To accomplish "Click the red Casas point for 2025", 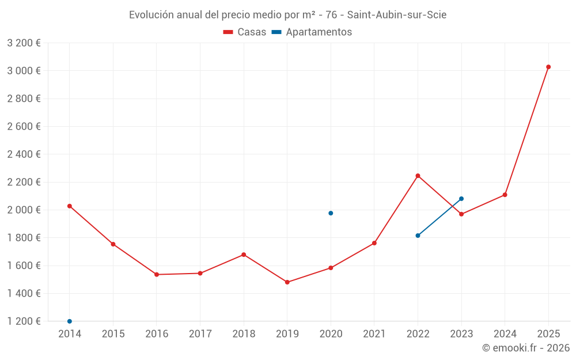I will coord(548,67).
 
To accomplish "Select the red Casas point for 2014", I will coord(70,206).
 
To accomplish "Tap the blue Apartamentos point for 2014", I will coord(70,321).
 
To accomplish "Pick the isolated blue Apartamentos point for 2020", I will coord(331,213).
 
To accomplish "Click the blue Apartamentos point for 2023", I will coord(461,199).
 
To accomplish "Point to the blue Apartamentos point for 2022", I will coord(418,236).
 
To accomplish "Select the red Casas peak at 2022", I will coord(418,176).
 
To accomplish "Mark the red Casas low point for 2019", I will coord(287,282).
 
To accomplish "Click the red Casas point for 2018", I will coord(244,255).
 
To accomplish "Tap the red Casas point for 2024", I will coord(505,195).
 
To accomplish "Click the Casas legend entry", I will coord(245,32).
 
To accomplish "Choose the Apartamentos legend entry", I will coord(318,32).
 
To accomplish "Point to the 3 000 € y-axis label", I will coord(24,71).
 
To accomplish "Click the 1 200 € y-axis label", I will coord(24,321).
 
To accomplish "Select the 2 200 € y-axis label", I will coord(24,182).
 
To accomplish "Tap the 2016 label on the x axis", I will coord(157,334).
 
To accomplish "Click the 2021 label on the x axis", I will coord(374,334).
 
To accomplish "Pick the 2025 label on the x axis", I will coord(548,334).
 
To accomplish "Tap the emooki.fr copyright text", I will coord(525,348).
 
